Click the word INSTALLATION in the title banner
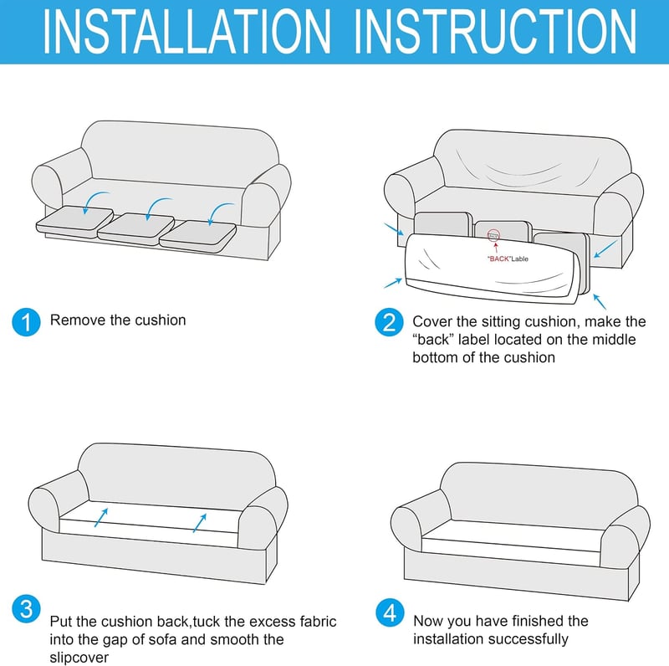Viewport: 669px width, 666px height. (x=186, y=32)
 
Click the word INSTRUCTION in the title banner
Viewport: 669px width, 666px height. (x=495, y=32)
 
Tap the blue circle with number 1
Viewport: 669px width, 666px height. (x=27, y=322)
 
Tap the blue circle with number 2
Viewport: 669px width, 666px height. (x=389, y=322)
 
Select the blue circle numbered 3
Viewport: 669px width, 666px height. (x=27, y=608)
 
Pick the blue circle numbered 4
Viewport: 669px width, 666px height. (x=390, y=612)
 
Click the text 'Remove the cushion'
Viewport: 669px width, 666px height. (x=118, y=320)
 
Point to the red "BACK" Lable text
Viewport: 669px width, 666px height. (x=508, y=259)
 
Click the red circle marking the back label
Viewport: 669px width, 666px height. (x=493, y=235)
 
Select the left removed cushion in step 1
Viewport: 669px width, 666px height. (x=74, y=221)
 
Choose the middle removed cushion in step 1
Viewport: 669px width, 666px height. (x=136, y=229)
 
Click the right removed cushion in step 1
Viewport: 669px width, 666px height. (x=198, y=237)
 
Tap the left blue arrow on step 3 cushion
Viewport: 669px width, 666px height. (x=101, y=517)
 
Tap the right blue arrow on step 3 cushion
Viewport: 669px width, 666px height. (x=200, y=523)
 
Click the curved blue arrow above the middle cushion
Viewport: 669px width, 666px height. (x=157, y=207)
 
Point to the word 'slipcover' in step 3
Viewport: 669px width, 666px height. (x=79, y=658)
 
